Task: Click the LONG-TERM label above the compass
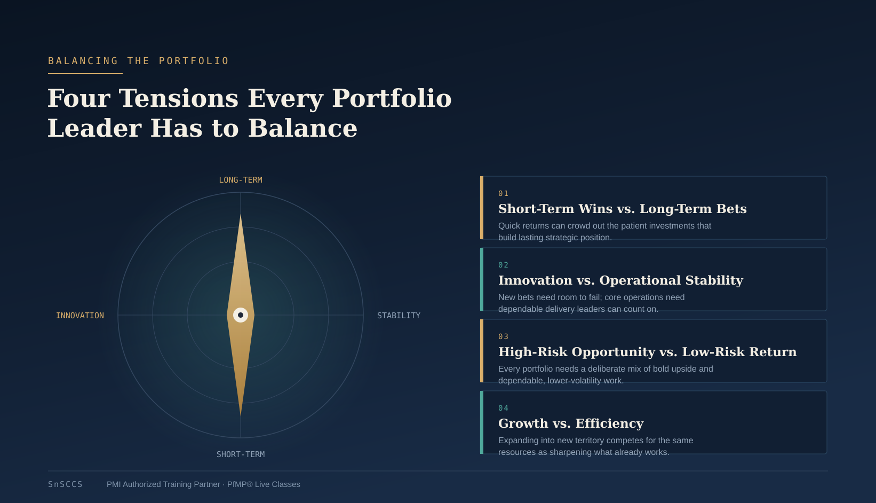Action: [x=241, y=180]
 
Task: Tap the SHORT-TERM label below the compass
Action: [x=241, y=454]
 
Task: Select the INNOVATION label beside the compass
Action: [x=80, y=316]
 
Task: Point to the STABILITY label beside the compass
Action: [x=399, y=316]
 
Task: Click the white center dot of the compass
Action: [x=241, y=315]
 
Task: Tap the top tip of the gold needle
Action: [x=241, y=215]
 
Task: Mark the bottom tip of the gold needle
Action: [x=241, y=416]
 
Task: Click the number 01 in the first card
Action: [x=503, y=193]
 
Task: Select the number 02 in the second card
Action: [x=503, y=265]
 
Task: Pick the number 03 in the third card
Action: [x=503, y=336]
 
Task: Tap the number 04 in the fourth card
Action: [x=503, y=408]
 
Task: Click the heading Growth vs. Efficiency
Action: [x=570, y=423]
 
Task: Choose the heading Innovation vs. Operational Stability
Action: [x=620, y=280]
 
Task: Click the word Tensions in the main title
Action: [x=178, y=98]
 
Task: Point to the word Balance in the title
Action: [x=302, y=128]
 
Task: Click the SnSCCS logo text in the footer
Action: [x=65, y=484]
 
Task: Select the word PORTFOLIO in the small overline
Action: [x=194, y=61]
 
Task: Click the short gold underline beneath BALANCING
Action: [x=85, y=73]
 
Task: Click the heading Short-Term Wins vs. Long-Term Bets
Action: [x=622, y=209]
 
